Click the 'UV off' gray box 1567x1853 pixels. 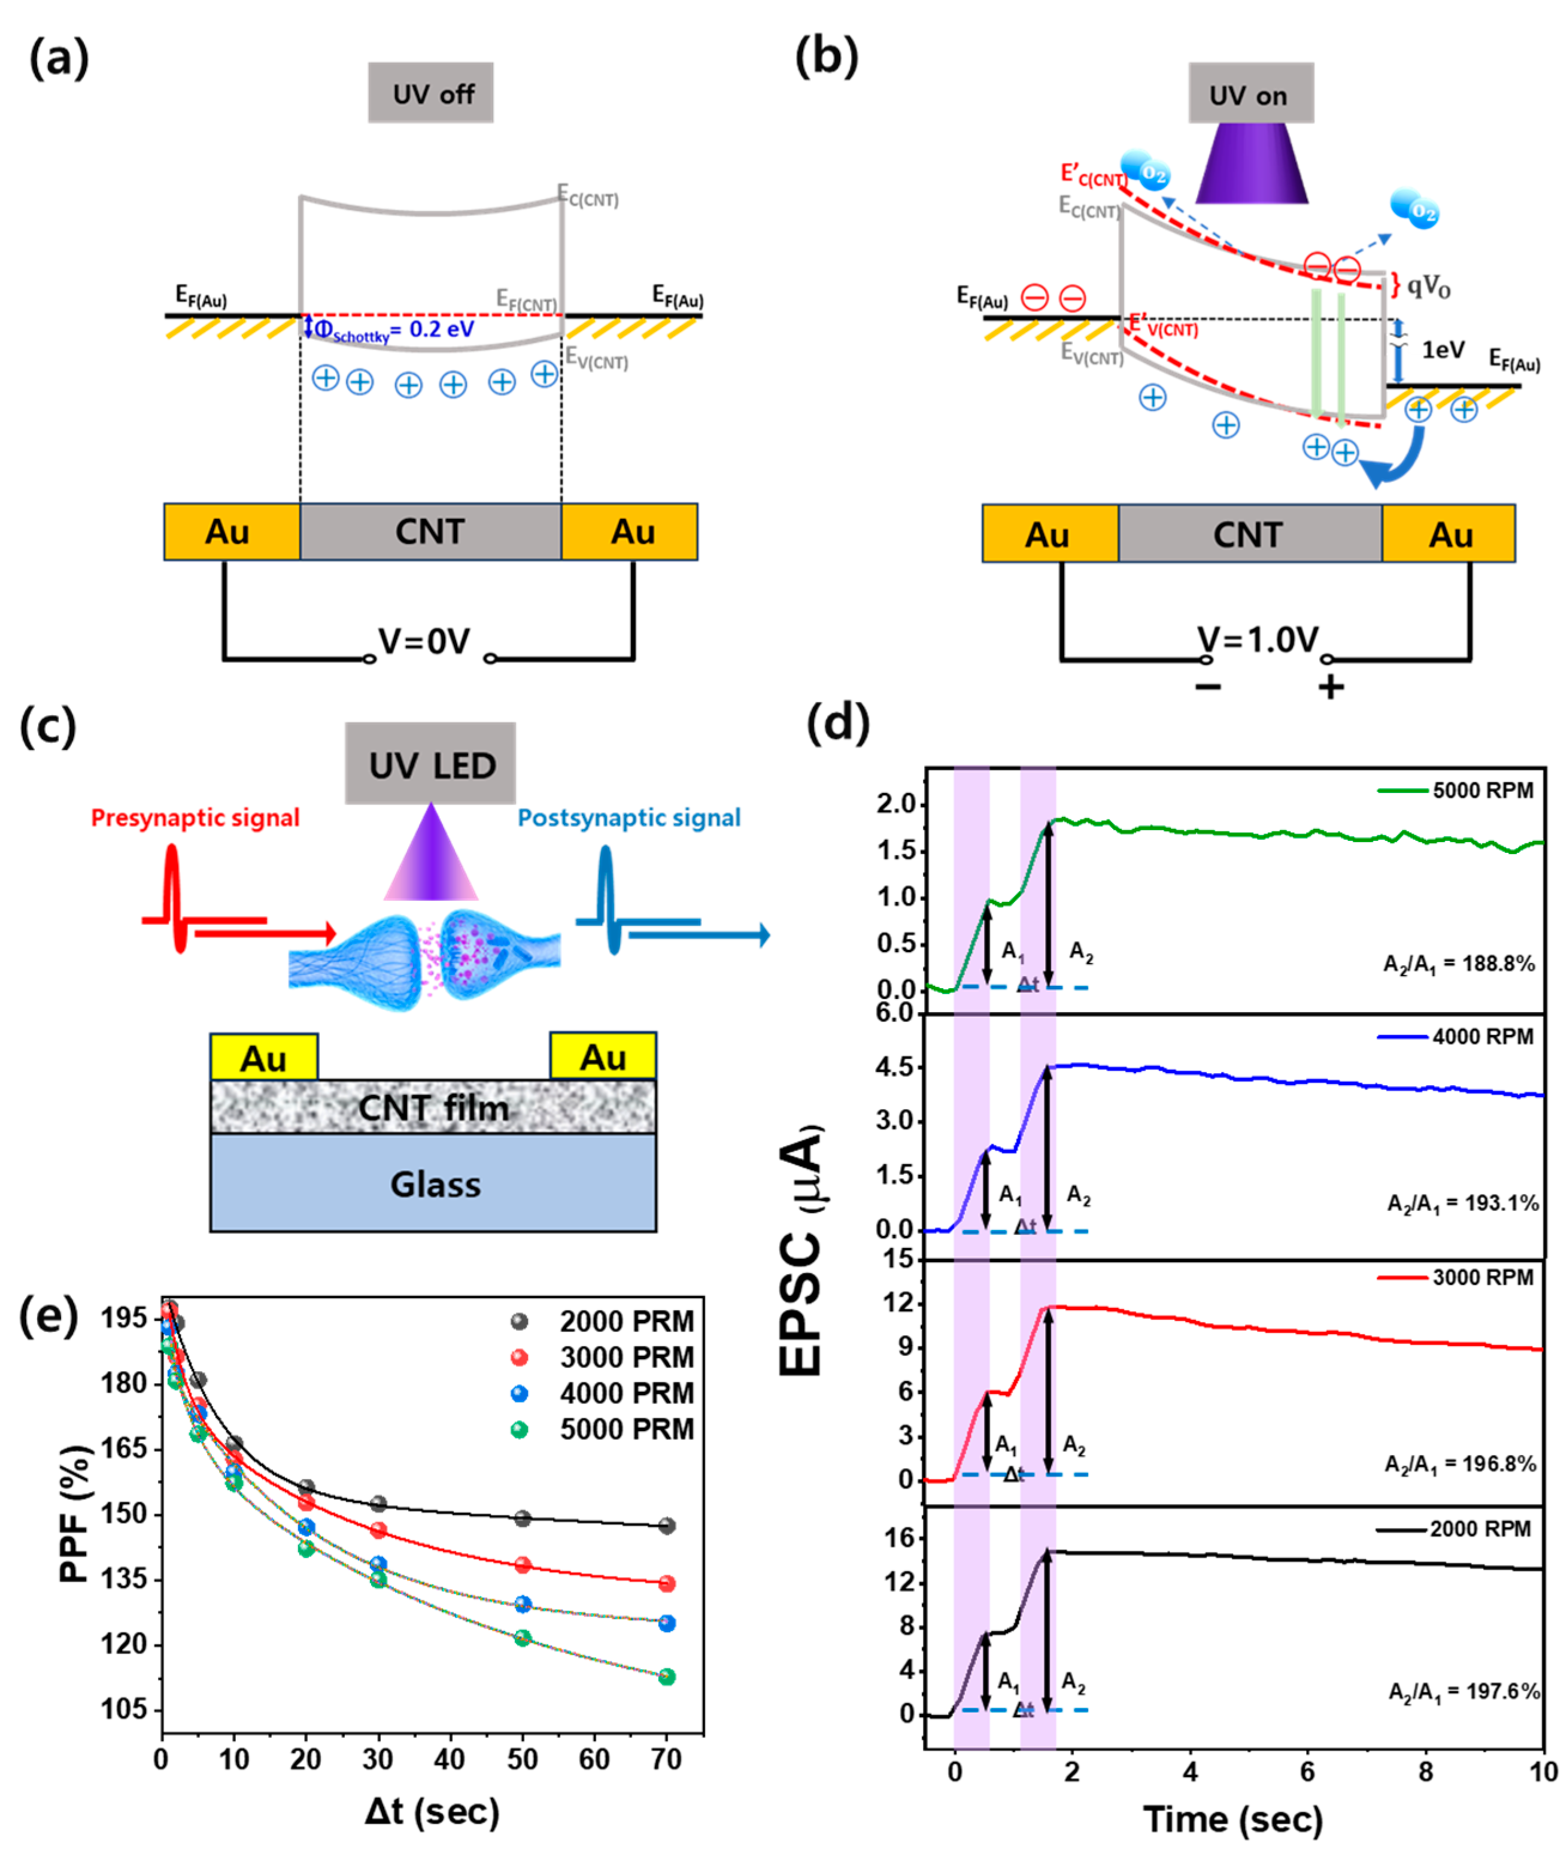431,92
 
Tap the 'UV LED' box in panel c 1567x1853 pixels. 431,764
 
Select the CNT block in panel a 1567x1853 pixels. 431,531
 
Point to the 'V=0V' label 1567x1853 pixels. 424,640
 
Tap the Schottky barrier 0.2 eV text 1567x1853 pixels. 394,330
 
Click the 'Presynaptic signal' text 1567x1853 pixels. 196,817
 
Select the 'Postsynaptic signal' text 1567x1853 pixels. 629,817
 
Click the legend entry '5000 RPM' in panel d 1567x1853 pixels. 1482,789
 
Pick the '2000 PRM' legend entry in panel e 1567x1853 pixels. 626,1321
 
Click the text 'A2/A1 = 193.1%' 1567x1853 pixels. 1462,1203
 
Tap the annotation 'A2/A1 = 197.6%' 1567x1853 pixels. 1463,1690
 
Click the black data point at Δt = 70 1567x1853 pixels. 667,1525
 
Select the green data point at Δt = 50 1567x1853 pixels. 523,1637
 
